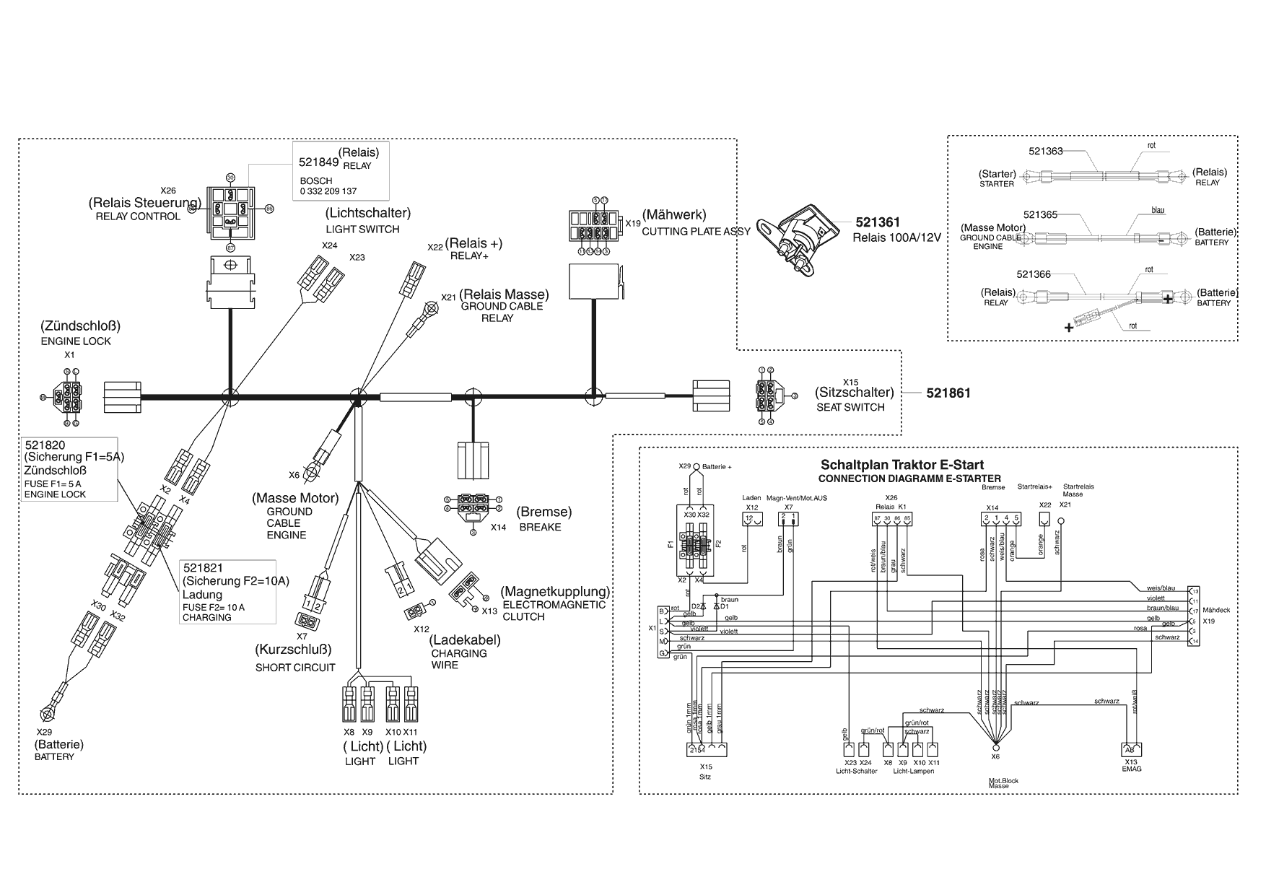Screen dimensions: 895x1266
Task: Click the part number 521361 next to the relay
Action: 878,223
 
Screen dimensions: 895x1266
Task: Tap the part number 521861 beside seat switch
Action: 948,393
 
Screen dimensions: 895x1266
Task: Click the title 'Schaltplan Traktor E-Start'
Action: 902,466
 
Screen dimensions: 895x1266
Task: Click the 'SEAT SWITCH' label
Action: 850,407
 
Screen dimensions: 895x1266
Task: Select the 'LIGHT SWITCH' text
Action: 362,230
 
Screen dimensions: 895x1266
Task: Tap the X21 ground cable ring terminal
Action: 431,309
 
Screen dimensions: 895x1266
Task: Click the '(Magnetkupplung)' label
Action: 556,592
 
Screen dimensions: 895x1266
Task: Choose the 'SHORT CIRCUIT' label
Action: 295,668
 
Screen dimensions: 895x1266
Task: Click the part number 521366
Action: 1034,274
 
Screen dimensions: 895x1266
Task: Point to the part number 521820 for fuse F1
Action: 45,445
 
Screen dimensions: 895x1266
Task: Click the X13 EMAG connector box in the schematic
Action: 1131,749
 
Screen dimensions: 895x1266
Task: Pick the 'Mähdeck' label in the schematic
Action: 1216,610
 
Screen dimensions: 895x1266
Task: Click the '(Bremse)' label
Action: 544,512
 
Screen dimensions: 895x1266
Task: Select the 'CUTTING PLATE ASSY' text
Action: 696,232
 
